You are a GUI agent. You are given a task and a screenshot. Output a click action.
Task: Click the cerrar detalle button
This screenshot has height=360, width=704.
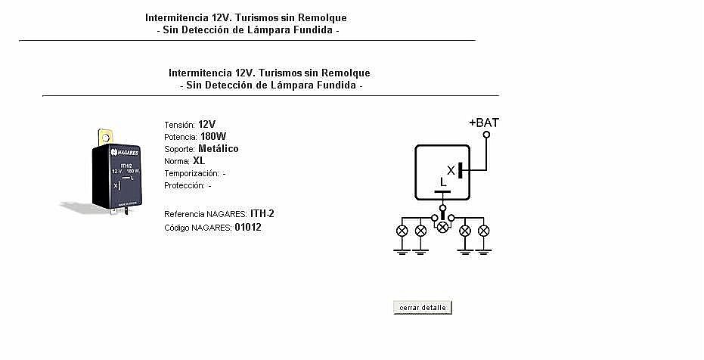[423, 308]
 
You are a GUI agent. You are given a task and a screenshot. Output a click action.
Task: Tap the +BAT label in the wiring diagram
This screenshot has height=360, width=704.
[483, 123]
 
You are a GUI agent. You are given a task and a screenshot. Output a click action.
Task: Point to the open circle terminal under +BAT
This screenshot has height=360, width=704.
[485, 134]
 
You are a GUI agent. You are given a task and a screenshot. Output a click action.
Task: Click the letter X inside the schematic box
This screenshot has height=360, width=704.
[451, 171]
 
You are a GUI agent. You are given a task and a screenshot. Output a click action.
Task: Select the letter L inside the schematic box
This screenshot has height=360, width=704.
[443, 182]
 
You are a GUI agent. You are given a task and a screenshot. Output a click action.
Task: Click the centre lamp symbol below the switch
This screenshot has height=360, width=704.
[442, 227]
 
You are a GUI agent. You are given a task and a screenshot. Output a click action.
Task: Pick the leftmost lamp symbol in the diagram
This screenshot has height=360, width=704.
[402, 231]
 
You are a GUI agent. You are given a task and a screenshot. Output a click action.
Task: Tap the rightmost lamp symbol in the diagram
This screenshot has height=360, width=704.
[483, 231]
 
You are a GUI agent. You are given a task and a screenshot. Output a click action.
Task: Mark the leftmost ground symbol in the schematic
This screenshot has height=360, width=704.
[402, 251]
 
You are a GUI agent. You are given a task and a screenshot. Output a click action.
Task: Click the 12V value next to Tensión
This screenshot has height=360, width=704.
[206, 125]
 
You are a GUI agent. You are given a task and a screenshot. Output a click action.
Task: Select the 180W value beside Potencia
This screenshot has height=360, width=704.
[213, 136]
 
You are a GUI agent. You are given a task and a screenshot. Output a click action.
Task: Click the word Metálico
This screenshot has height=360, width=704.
[219, 148]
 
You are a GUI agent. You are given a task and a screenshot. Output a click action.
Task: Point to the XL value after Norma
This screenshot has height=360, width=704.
[199, 160]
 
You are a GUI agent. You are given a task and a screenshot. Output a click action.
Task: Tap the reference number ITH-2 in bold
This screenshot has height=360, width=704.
[262, 214]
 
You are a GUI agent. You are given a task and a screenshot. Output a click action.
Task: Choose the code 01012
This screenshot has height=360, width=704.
[248, 227]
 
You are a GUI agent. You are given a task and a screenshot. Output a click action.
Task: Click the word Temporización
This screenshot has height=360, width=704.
[192, 174]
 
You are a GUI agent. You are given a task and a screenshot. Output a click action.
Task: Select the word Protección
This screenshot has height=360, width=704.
[185, 186]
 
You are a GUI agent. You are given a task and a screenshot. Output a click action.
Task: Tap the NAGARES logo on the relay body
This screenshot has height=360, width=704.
[125, 153]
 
